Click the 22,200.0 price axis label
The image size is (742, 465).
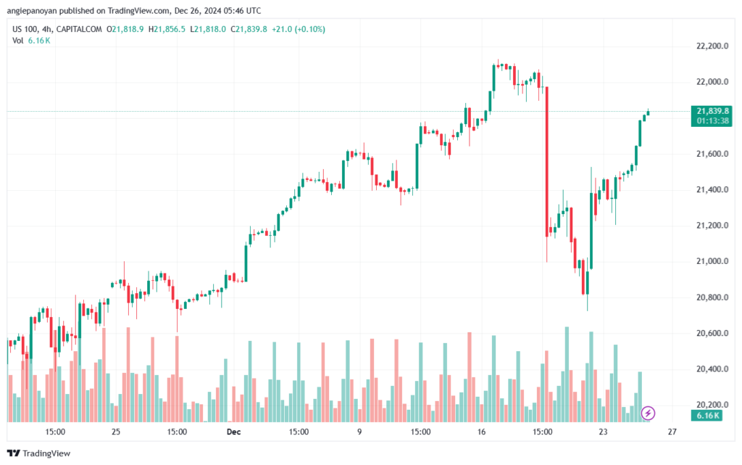tap(712, 46)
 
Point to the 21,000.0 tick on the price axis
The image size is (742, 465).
tap(712, 261)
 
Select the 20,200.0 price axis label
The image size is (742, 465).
tap(712, 405)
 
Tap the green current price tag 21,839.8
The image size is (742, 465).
tap(712, 115)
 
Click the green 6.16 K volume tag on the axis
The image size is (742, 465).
tap(706, 416)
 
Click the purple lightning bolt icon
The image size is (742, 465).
tap(648, 413)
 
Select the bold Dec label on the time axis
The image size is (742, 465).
tap(233, 432)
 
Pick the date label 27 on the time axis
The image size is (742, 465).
tap(672, 432)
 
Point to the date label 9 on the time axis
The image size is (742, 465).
tap(359, 432)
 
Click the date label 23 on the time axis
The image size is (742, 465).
tap(603, 432)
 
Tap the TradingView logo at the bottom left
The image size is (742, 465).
tap(39, 453)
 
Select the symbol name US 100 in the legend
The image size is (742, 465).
tap(25, 29)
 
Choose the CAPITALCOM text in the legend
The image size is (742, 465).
tap(79, 29)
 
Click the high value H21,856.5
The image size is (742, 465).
tap(167, 29)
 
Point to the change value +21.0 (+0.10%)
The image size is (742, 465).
tap(298, 29)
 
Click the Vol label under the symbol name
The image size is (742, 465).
tap(18, 41)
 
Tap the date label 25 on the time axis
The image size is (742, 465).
tap(116, 432)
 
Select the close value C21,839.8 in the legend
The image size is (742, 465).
tap(249, 29)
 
